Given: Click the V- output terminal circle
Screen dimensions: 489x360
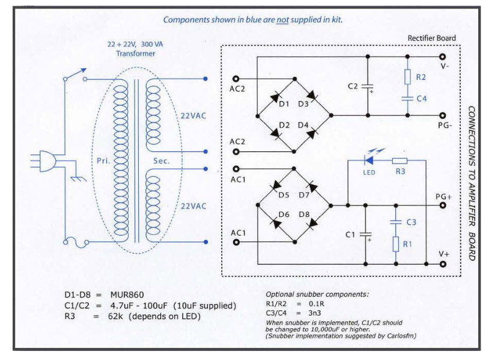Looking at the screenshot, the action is pyautogui.click(x=442, y=56).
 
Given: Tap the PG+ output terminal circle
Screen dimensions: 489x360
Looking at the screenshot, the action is pyautogui.click(x=443, y=206).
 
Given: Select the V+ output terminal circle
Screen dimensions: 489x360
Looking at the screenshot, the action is pyautogui.click(x=443, y=264).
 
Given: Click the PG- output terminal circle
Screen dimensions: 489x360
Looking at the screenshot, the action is pyautogui.click(x=442, y=115).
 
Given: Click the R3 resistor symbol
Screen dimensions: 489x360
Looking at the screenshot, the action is pyautogui.click(x=399, y=160).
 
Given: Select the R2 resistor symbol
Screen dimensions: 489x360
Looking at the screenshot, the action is pyautogui.click(x=408, y=77).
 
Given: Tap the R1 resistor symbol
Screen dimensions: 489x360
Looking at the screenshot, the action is pyautogui.click(x=396, y=244).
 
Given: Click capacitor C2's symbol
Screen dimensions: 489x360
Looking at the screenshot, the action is pyautogui.click(x=368, y=87).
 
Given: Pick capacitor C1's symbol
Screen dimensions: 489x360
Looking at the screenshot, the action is pyautogui.click(x=366, y=234).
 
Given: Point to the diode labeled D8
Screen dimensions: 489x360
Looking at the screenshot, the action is pyautogui.click(x=312, y=223).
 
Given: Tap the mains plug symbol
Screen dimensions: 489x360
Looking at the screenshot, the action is pyautogui.click(x=43, y=161).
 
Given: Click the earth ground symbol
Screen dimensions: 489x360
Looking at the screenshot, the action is pyautogui.click(x=78, y=178).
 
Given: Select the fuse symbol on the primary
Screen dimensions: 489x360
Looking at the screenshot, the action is pyautogui.click(x=76, y=242).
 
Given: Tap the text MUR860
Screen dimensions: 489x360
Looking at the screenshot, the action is pyautogui.click(x=127, y=295).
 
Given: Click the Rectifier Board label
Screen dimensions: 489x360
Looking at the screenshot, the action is pyautogui.click(x=431, y=38).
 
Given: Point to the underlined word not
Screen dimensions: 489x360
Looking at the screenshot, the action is pyautogui.click(x=282, y=20).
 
